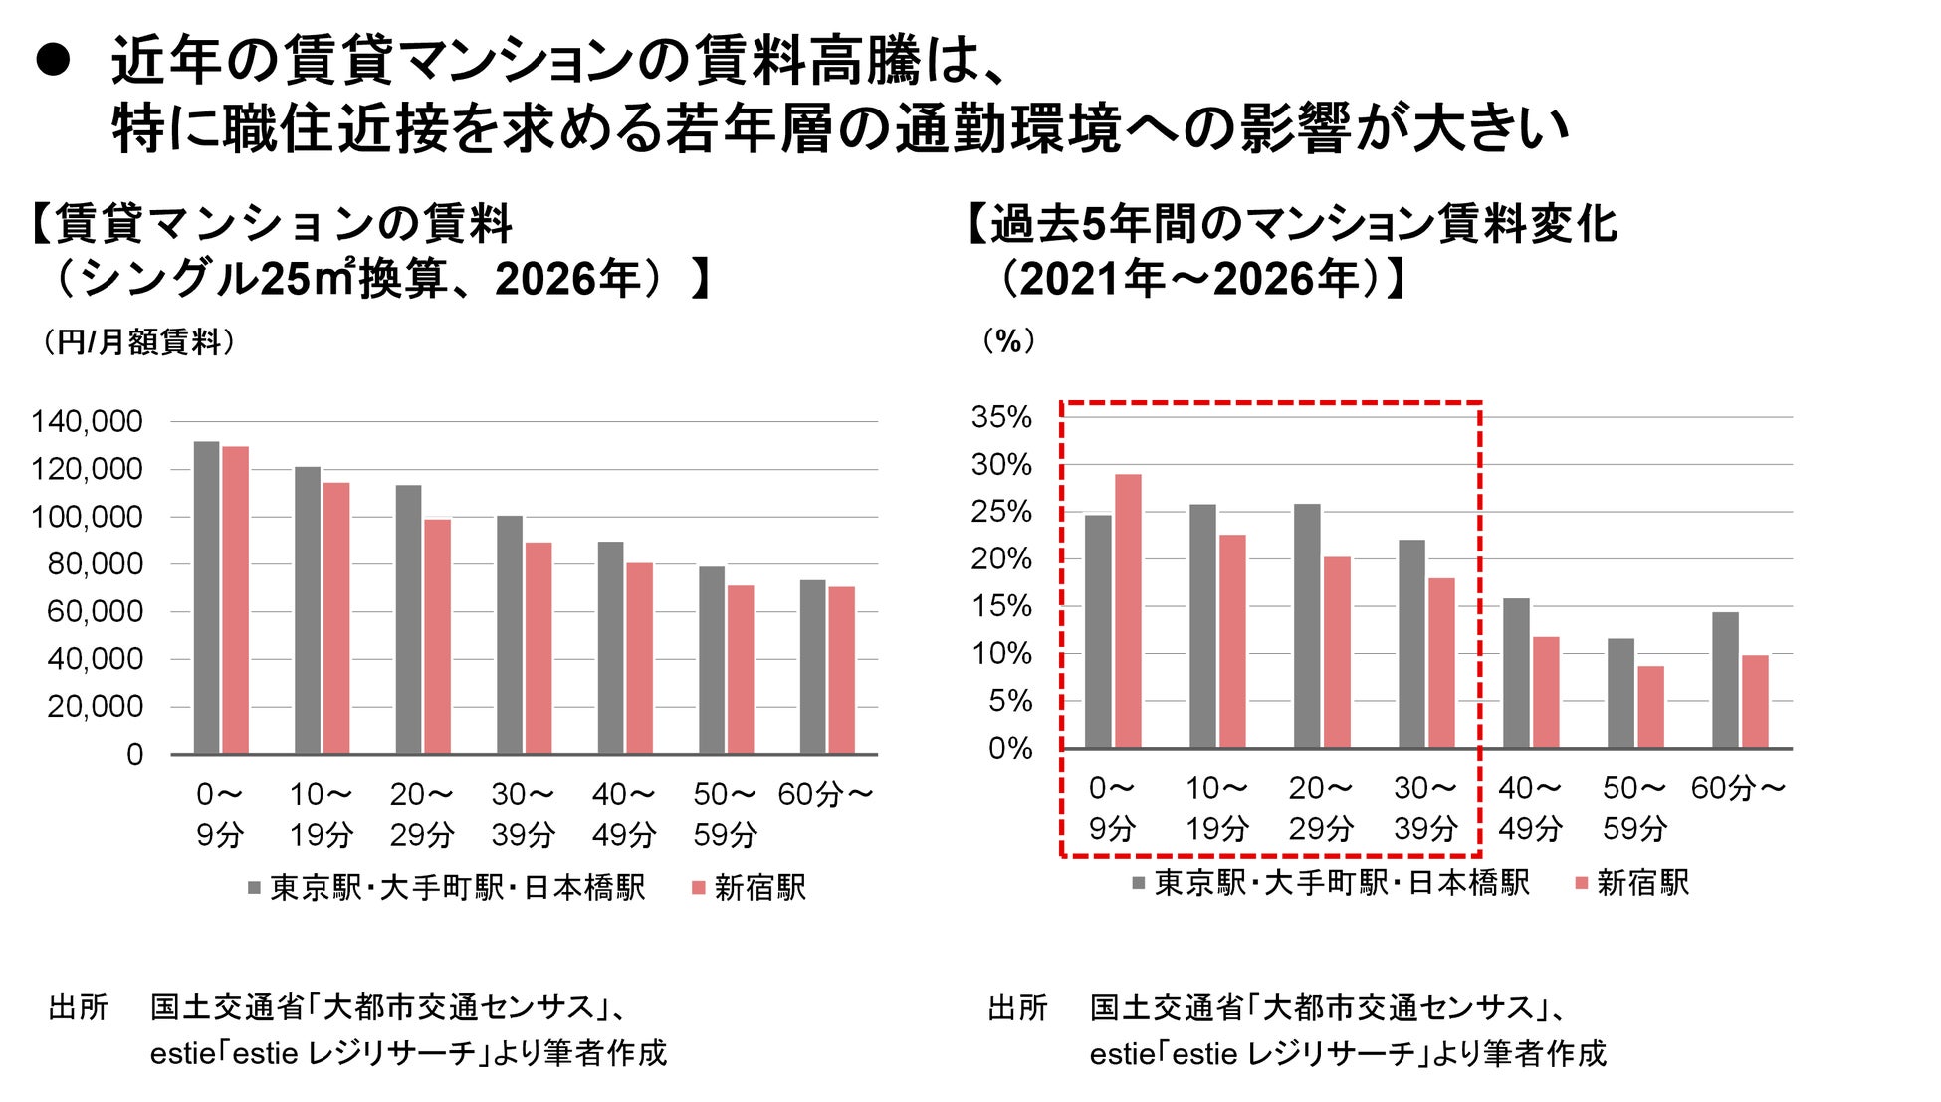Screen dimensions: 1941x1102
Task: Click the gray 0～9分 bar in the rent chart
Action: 206,597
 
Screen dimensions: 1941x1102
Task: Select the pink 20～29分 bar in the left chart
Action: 437,636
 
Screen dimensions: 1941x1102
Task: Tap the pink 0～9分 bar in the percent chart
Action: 1128,610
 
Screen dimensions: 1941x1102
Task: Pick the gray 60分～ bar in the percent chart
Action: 1725,680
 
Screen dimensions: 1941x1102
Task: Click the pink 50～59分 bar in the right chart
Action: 1650,707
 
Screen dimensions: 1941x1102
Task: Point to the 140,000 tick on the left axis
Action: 87,421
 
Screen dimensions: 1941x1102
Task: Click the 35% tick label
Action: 1001,416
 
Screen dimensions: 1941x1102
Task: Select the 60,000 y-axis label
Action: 95,611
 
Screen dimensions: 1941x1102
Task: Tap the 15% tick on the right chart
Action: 1001,606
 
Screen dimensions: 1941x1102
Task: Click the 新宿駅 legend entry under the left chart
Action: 750,887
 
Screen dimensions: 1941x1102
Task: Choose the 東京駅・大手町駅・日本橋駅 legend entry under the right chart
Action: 1331,882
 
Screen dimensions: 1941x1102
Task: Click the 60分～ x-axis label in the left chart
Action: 825,794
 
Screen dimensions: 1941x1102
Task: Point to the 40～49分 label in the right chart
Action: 1530,808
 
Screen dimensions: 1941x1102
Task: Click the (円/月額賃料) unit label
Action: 138,342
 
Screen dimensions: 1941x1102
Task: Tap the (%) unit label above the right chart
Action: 1008,341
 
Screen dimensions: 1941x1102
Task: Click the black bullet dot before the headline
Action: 53,61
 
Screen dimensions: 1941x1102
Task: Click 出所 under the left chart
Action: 78,1007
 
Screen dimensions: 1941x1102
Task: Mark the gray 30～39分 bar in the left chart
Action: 510,634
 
